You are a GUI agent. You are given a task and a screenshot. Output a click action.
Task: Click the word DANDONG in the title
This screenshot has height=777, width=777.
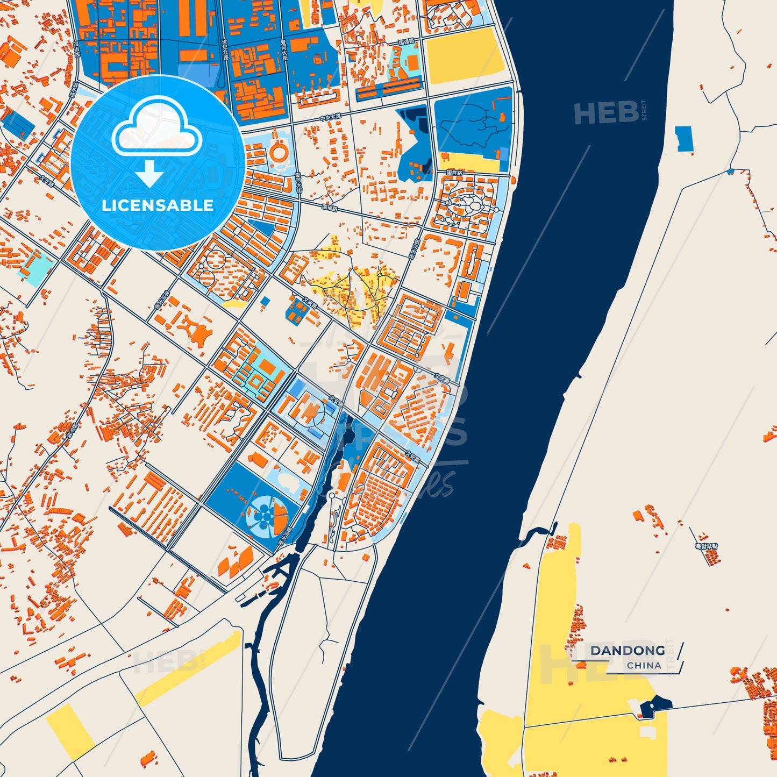[x=628, y=651]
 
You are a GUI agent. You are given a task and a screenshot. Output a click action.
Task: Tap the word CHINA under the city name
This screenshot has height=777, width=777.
[x=644, y=665]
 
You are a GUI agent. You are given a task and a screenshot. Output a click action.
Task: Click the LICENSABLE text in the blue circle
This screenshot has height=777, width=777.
[x=158, y=205]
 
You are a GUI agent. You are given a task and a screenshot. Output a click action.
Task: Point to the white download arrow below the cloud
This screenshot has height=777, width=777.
[x=149, y=174]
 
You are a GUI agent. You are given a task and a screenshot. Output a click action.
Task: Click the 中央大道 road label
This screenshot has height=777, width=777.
[x=330, y=118]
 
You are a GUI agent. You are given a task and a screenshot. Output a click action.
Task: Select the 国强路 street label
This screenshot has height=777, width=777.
[x=407, y=41]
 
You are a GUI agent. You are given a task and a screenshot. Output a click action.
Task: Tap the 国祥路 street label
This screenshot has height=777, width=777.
[x=454, y=173]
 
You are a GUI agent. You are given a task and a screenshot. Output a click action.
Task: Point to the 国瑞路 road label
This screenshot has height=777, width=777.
[x=330, y=207]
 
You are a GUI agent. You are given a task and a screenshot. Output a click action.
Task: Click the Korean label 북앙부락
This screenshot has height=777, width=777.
[x=706, y=546]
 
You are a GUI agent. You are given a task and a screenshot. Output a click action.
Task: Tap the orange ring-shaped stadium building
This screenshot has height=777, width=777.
[x=279, y=151]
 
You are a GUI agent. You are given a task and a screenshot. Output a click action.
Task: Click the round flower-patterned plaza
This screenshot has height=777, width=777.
[x=262, y=514]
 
